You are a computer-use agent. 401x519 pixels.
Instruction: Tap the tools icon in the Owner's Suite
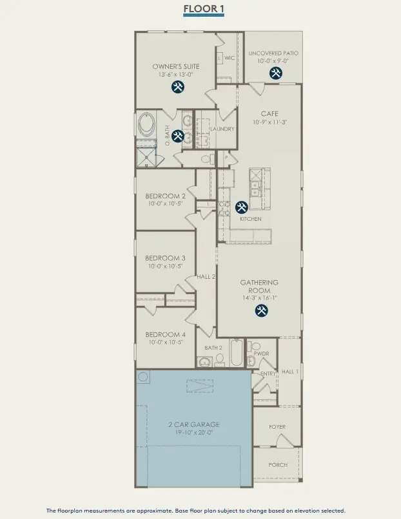177,87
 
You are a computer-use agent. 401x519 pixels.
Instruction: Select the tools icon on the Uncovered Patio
276,73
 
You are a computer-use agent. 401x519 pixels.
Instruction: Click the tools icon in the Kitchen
242,207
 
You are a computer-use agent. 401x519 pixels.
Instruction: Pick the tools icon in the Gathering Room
262,310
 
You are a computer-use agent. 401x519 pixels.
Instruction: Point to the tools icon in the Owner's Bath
177,136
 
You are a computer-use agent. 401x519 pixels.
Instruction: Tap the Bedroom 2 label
165,196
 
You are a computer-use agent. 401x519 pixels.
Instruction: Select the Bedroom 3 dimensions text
165,266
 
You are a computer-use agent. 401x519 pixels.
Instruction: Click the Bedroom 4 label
165,334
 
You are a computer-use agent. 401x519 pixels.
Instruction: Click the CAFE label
269,114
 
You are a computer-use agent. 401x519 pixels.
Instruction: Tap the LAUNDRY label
222,129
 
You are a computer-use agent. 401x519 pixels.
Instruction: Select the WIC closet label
229,58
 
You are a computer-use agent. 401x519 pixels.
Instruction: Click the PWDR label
261,354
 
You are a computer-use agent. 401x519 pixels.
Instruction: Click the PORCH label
278,465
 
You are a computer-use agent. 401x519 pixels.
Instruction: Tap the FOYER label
277,427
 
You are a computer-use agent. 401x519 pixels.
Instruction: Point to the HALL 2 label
206,276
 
